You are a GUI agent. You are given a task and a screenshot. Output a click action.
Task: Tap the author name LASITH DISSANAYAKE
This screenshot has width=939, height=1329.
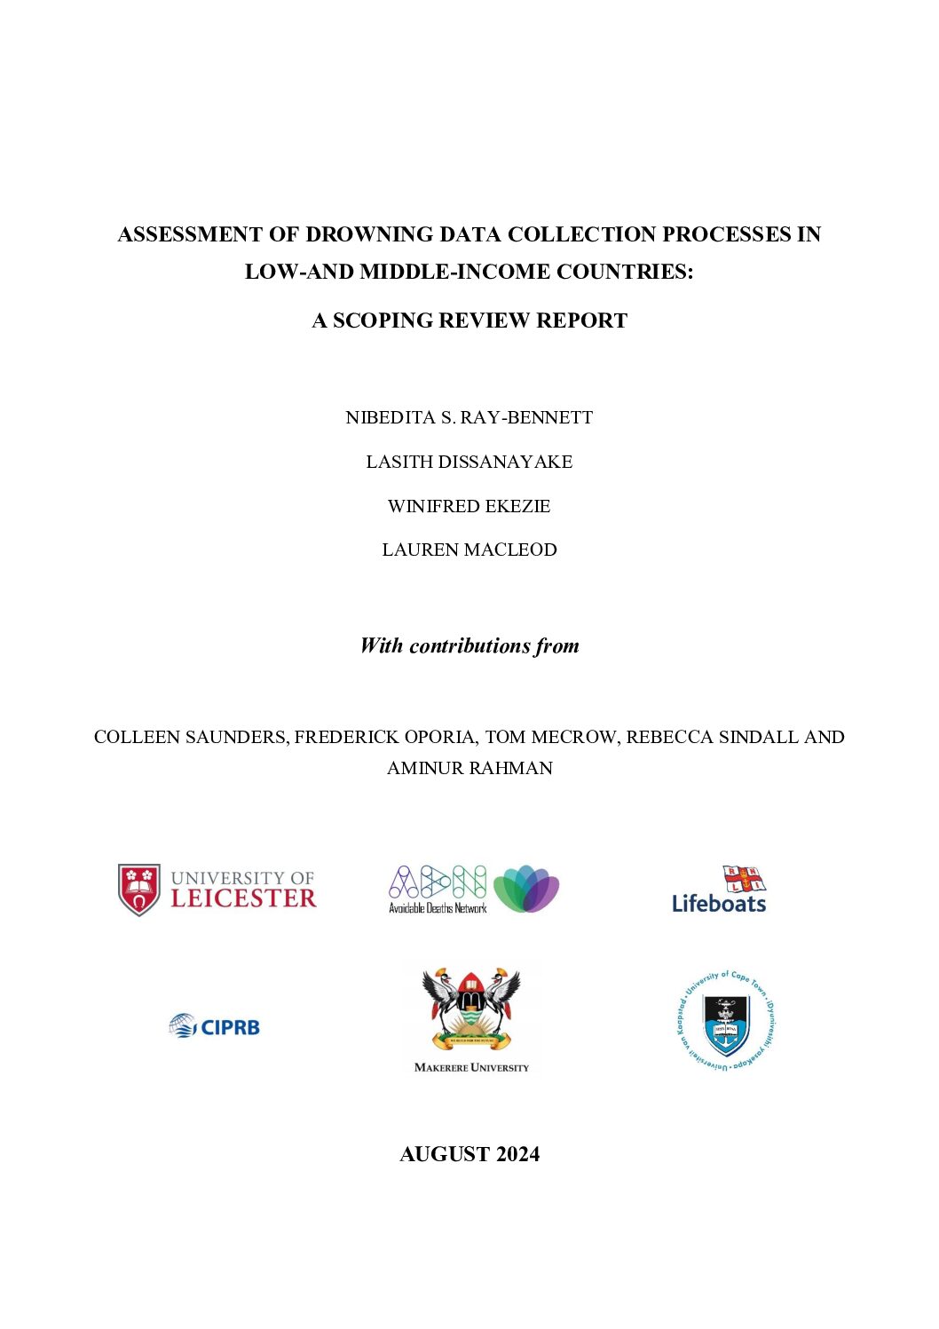tap(469, 462)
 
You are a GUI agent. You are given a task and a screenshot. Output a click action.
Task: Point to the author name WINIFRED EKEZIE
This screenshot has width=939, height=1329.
tap(469, 506)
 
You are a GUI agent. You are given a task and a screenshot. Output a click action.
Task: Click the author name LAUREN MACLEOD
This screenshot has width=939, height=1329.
tap(469, 550)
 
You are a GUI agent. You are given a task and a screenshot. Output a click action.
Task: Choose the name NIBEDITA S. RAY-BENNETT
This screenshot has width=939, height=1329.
tap(469, 417)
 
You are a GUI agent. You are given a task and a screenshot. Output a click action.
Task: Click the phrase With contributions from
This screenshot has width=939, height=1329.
tap(469, 645)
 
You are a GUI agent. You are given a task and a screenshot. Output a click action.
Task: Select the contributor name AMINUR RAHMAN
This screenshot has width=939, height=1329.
tap(469, 768)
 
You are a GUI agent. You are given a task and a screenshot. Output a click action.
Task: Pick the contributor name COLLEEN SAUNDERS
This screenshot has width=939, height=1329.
tap(191, 737)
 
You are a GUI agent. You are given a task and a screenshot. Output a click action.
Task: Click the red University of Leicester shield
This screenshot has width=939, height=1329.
tap(139, 889)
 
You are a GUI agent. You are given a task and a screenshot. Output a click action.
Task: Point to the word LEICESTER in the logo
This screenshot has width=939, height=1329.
tap(243, 898)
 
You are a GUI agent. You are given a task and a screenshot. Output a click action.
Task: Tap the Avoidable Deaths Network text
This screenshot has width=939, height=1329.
tap(438, 908)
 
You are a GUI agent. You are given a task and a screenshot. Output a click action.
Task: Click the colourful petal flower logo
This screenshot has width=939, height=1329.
tap(526, 888)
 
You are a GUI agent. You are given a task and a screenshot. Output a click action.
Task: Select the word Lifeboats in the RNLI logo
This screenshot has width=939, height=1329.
tap(719, 904)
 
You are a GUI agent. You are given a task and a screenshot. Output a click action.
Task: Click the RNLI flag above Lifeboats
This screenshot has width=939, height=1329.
tap(744, 878)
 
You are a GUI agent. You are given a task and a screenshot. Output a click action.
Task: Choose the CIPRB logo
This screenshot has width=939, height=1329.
tap(215, 1026)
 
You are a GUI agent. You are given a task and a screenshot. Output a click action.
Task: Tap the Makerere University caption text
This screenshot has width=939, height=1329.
tap(471, 1067)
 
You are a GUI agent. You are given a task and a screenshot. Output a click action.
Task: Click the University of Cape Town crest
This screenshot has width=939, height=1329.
tap(726, 1021)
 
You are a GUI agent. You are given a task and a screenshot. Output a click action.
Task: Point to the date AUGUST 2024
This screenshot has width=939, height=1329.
tap(469, 1154)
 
